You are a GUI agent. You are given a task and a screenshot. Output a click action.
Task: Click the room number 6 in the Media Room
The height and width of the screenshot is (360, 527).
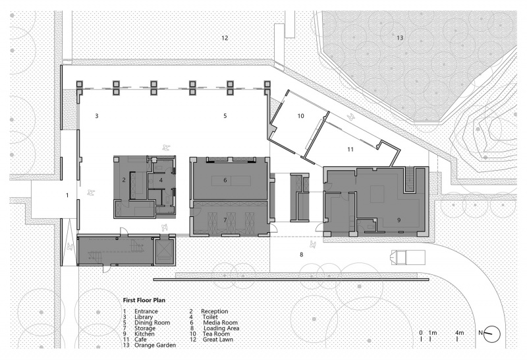click(x=225, y=181)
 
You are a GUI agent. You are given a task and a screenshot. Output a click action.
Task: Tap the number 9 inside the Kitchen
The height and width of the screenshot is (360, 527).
click(x=399, y=220)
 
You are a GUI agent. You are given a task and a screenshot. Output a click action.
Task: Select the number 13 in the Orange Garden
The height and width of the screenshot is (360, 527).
click(x=400, y=38)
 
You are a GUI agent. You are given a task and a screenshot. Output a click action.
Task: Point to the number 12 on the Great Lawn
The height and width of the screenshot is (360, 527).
click(x=225, y=38)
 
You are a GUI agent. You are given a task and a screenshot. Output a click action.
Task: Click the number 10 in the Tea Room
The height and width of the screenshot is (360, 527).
click(x=300, y=116)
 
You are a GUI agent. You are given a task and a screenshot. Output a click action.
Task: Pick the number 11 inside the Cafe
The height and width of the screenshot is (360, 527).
click(x=350, y=149)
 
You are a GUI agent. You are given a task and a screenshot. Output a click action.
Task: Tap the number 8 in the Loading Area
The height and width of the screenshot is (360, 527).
click(x=301, y=255)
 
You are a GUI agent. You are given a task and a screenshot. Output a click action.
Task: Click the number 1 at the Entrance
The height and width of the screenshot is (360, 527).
click(x=67, y=195)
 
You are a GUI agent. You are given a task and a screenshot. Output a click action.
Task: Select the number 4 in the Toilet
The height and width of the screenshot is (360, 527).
click(x=161, y=181)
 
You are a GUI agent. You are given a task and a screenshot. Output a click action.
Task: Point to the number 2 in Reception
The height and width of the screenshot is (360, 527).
click(x=124, y=181)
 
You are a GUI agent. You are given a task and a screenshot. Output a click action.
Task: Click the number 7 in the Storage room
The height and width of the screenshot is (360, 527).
click(x=225, y=220)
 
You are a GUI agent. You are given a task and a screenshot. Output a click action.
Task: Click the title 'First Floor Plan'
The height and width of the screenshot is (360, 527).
click(x=144, y=300)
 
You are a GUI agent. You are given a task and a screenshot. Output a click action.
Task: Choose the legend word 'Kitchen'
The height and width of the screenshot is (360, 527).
click(x=144, y=334)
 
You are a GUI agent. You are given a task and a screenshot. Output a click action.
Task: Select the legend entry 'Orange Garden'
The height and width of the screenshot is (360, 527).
click(x=155, y=345)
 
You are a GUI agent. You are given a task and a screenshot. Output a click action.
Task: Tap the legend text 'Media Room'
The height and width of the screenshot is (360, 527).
click(x=220, y=322)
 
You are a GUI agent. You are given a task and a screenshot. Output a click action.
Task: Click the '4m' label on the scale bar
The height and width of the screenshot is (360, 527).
click(x=459, y=333)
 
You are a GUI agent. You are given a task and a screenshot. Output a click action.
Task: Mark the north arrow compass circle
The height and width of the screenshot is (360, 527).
click(x=492, y=334)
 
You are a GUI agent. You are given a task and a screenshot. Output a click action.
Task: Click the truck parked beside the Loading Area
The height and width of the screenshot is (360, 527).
click(x=407, y=257)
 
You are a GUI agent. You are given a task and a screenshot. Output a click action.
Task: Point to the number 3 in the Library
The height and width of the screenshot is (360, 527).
click(x=97, y=116)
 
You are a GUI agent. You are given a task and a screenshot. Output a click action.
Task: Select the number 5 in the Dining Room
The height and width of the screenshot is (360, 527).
click(x=225, y=116)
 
